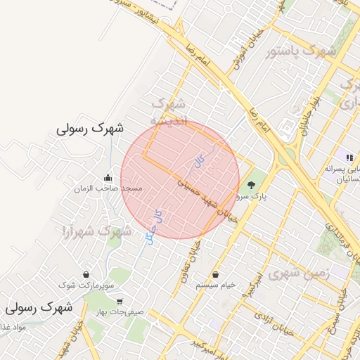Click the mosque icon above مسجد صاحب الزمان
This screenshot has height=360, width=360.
click(108, 177)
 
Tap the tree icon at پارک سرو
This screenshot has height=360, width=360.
click(252, 185)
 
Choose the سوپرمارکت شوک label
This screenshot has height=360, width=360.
click(86, 285)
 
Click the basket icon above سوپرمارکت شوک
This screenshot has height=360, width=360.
click(86, 274)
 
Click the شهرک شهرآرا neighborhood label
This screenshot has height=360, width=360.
click(97, 231)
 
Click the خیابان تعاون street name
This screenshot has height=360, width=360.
click(196, 261)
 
